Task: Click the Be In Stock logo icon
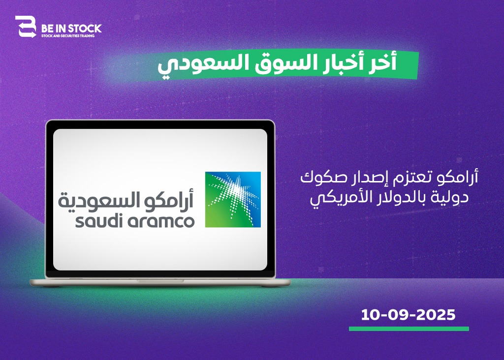[26, 27]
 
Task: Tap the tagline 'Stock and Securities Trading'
[68, 36]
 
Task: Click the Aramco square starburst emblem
[233, 200]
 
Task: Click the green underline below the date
[409, 329]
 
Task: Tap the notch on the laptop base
[160, 281]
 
